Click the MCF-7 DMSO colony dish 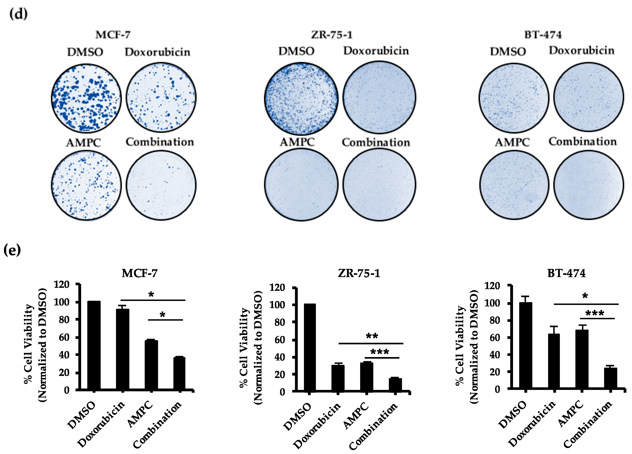pos(86,98)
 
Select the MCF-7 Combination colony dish pos(161,185)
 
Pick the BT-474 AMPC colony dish pos(514,185)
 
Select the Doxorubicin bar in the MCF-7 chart pos(123,349)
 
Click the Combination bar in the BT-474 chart pos(610,378)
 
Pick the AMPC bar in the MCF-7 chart pos(151,365)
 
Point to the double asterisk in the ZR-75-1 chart pos(372,336)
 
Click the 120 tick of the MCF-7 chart pos(62,284)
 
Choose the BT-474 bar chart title pos(566,273)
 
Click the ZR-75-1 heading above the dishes pos(332,35)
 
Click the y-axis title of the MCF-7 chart pos(35,345)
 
